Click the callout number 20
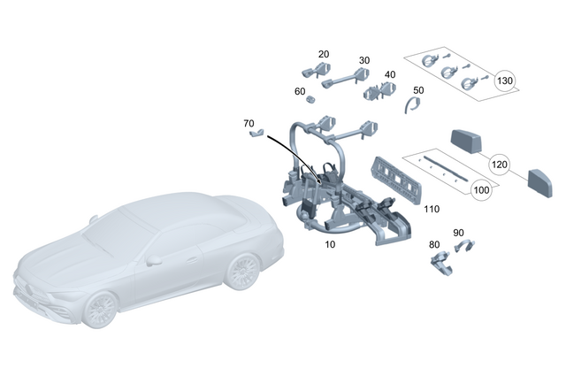click(324, 54)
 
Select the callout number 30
click(364, 61)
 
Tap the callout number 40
click(390, 74)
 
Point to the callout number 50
click(418, 90)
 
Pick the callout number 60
click(300, 91)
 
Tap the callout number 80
click(433, 244)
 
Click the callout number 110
click(431, 210)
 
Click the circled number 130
click(505, 81)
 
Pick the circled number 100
click(481, 189)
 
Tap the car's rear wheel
click(240, 272)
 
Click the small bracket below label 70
click(256, 134)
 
